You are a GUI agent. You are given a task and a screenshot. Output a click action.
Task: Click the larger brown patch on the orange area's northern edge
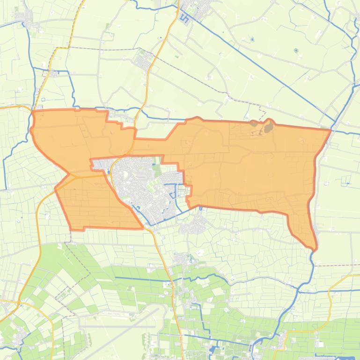coord(268,126)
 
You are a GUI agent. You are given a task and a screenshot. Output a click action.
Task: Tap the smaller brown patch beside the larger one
coord(254,123)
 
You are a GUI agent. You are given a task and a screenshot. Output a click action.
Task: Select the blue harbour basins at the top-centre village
coord(184,19)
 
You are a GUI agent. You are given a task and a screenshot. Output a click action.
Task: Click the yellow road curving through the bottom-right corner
coord(330,299)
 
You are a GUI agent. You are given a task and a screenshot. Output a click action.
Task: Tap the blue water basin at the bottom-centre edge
coord(215,349)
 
